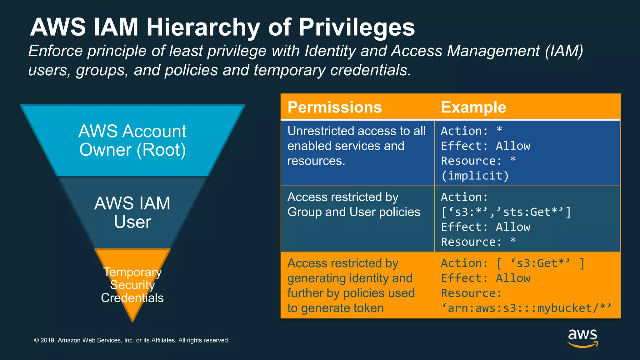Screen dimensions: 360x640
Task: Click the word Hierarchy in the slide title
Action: [x=203, y=27]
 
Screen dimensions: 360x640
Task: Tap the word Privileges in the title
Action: [x=357, y=27]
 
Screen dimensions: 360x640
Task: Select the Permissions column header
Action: [x=335, y=107]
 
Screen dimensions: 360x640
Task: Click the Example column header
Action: [x=473, y=107]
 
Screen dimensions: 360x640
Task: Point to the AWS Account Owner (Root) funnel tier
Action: [x=132, y=141]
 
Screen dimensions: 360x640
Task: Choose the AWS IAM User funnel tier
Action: [x=132, y=212]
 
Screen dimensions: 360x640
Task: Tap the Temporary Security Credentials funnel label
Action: [x=132, y=285]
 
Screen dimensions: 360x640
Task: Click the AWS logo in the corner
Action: [x=582, y=337]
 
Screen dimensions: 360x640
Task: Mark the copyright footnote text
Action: [x=132, y=340]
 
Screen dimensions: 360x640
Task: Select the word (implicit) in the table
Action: [x=475, y=176]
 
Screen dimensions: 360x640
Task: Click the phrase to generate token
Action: [x=335, y=308]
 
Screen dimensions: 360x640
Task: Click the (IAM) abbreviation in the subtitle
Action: [x=564, y=51]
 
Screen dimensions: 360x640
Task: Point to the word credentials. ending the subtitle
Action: [x=371, y=70]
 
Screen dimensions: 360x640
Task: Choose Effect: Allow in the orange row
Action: [x=486, y=278]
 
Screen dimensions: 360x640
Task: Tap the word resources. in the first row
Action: [x=316, y=161]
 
